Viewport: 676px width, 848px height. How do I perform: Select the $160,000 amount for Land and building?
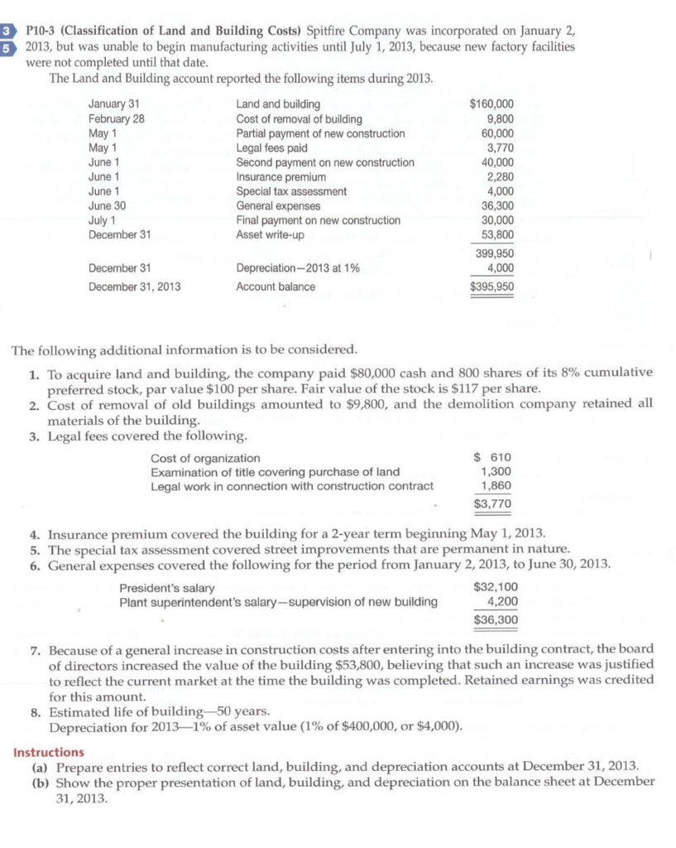click(491, 104)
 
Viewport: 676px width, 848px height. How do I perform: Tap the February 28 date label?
click(116, 118)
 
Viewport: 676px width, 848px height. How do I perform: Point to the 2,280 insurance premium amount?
click(500, 177)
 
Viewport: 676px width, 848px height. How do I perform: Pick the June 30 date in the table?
click(107, 206)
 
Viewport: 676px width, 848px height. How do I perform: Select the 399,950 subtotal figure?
click(494, 253)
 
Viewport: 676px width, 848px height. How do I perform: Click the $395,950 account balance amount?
click(491, 287)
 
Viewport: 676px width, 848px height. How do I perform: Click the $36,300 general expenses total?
click(495, 619)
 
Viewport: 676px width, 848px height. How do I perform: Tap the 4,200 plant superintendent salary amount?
click(501, 602)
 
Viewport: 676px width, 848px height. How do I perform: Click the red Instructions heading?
click(49, 752)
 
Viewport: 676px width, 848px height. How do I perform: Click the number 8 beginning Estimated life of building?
click(33, 711)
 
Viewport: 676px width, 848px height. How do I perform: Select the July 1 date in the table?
click(103, 220)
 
